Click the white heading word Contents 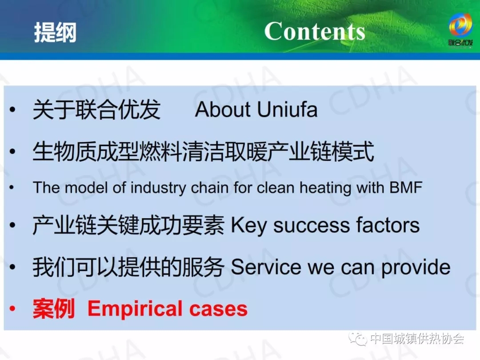pyautogui.click(x=315, y=31)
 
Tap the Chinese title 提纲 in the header pyautogui.click(x=55, y=32)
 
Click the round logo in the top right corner pyautogui.click(x=460, y=25)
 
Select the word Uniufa pyautogui.click(x=287, y=109)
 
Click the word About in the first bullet pyautogui.click(x=223, y=109)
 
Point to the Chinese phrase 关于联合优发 pyautogui.click(x=96, y=109)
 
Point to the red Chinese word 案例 pyautogui.click(x=54, y=308)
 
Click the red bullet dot pyautogui.click(x=12, y=308)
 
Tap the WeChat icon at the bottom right pyautogui.click(x=358, y=339)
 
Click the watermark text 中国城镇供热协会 pyautogui.click(x=416, y=339)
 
